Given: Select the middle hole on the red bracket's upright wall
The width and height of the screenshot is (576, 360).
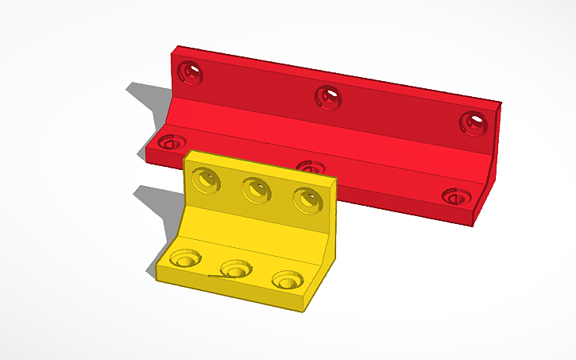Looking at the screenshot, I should (x=328, y=97).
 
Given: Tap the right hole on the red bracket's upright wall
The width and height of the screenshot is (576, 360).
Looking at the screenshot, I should (x=473, y=122).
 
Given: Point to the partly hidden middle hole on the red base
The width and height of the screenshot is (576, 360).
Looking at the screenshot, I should (x=310, y=167).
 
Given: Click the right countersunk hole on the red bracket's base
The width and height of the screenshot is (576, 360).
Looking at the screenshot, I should (x=455, y=196).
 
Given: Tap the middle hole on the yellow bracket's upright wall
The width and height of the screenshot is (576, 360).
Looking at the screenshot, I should (x=256, y=190).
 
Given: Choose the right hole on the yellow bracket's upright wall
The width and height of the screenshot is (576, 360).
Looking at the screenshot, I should (x=306, y=199).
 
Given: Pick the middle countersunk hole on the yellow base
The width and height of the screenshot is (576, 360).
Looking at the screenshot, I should (x=234, y=269).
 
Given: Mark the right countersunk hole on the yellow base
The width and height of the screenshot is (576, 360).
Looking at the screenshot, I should (x=287, y=280).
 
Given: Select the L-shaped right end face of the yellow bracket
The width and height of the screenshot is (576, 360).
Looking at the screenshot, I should (x=325, y=254).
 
